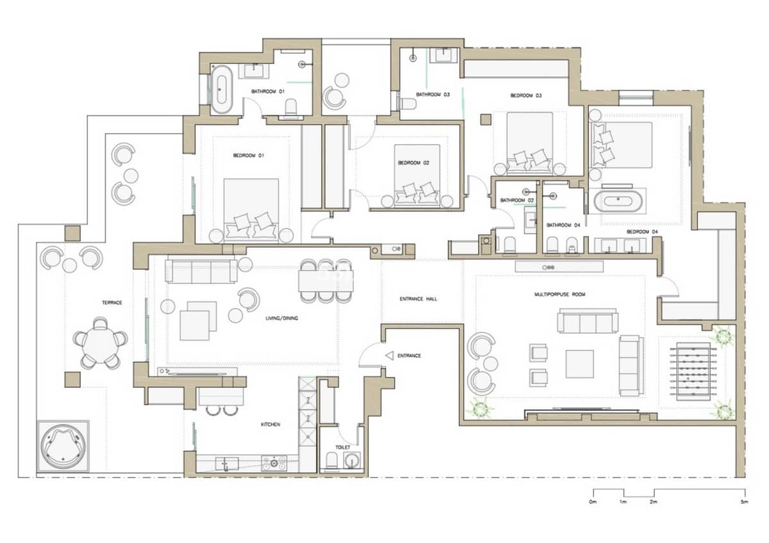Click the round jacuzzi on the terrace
[x=63, y=446]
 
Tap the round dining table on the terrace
[x=100, y=344]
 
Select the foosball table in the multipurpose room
[x=693, y=371]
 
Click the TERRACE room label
[x=112, y=302]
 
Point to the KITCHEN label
[x=270, y=425]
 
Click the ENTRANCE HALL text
[x=418, y=299]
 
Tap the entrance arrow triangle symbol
[x=390, y=356]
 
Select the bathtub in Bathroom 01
[x=222, y=89]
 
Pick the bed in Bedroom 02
[x=417, y=176]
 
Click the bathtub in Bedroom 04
[x=618, y=200]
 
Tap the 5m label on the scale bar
[x=744, y=501]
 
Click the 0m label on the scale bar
[x=593, y=501]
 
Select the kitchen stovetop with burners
[x=274, y=463]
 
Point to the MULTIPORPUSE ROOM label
[x=560, y=295]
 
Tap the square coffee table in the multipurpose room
[x=580, y=364]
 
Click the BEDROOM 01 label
[x=249, y=156]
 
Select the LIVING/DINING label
[x=282, y=318]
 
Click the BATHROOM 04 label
[x=563, y=225]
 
